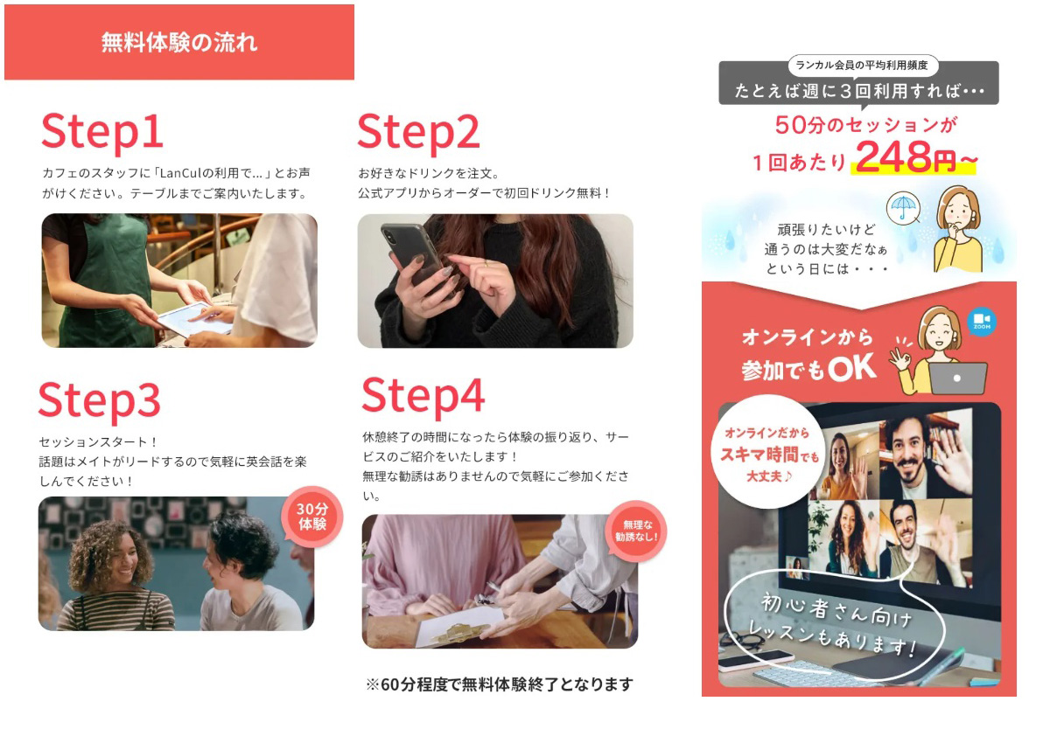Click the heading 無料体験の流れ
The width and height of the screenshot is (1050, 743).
179,42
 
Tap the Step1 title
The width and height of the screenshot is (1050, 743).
102,132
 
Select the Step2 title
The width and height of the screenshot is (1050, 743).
418,132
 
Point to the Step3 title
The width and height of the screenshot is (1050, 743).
100,400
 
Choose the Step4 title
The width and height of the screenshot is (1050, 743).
423,396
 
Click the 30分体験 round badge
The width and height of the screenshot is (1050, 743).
312,517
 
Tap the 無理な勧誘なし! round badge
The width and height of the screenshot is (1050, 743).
636,531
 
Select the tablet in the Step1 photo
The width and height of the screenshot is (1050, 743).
195,319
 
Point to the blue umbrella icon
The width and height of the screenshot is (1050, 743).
903,208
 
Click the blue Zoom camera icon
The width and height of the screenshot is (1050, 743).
982,322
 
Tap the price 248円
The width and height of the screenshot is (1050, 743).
906,156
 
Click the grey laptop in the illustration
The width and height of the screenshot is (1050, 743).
957,378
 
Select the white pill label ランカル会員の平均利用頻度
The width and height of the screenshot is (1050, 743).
862,66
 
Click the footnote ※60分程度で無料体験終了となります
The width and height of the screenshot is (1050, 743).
500,684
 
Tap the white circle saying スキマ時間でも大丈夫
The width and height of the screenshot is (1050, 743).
767,452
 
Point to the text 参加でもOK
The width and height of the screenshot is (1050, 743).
808,370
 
